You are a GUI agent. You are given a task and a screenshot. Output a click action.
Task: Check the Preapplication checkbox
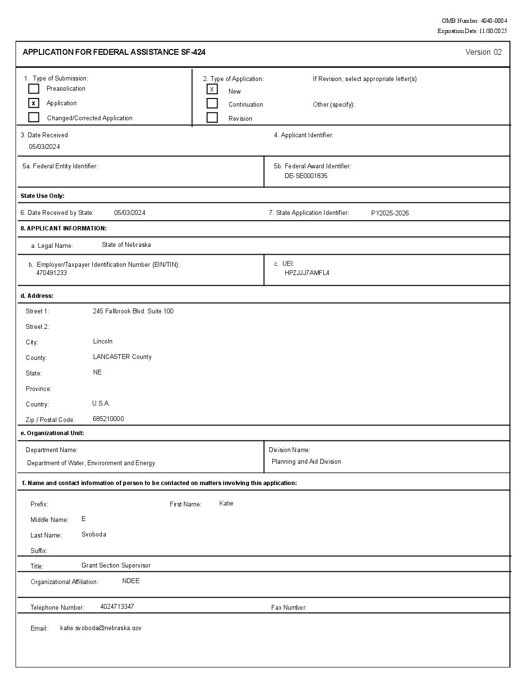[x=33, y=89]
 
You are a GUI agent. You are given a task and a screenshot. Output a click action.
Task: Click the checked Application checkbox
[x=33, y=103]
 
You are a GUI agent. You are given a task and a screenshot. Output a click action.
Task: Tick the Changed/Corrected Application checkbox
[x=33, y=117]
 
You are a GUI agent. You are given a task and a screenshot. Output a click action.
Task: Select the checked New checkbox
[x=212, y=89]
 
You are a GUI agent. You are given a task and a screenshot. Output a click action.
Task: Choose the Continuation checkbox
[x=212, y=103]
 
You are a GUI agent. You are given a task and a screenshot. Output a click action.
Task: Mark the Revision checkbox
[x=212, y=117]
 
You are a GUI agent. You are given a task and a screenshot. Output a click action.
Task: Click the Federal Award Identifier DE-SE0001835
[x=306, y=176]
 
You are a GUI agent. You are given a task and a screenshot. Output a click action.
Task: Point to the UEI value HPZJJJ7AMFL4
[x=307, y=273]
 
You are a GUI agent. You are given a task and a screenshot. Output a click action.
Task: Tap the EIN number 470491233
[x=51, y=273]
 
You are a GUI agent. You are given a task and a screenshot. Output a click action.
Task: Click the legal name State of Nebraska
[x=126, y=245]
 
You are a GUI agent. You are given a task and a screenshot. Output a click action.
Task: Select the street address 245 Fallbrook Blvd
[x=133, y=311]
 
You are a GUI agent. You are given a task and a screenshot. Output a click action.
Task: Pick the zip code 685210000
[x=108, y=419]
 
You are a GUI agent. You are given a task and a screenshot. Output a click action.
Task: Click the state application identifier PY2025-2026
[x=390, y=213]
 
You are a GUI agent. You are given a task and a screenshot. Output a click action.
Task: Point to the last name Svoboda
[x=94, y=535]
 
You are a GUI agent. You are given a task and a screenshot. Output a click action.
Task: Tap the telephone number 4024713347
[x=117, y=607]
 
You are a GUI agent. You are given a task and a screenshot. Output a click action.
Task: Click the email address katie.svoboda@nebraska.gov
[x=101, y=628]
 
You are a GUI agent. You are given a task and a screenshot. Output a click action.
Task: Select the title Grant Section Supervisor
[x=116, y=566]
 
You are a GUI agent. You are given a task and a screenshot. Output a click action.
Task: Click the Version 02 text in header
[x=483, y=52]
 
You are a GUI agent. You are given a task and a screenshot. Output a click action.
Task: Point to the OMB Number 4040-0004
[x=474, y=21]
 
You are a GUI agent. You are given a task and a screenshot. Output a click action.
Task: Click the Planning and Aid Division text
[x=306, y=462]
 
